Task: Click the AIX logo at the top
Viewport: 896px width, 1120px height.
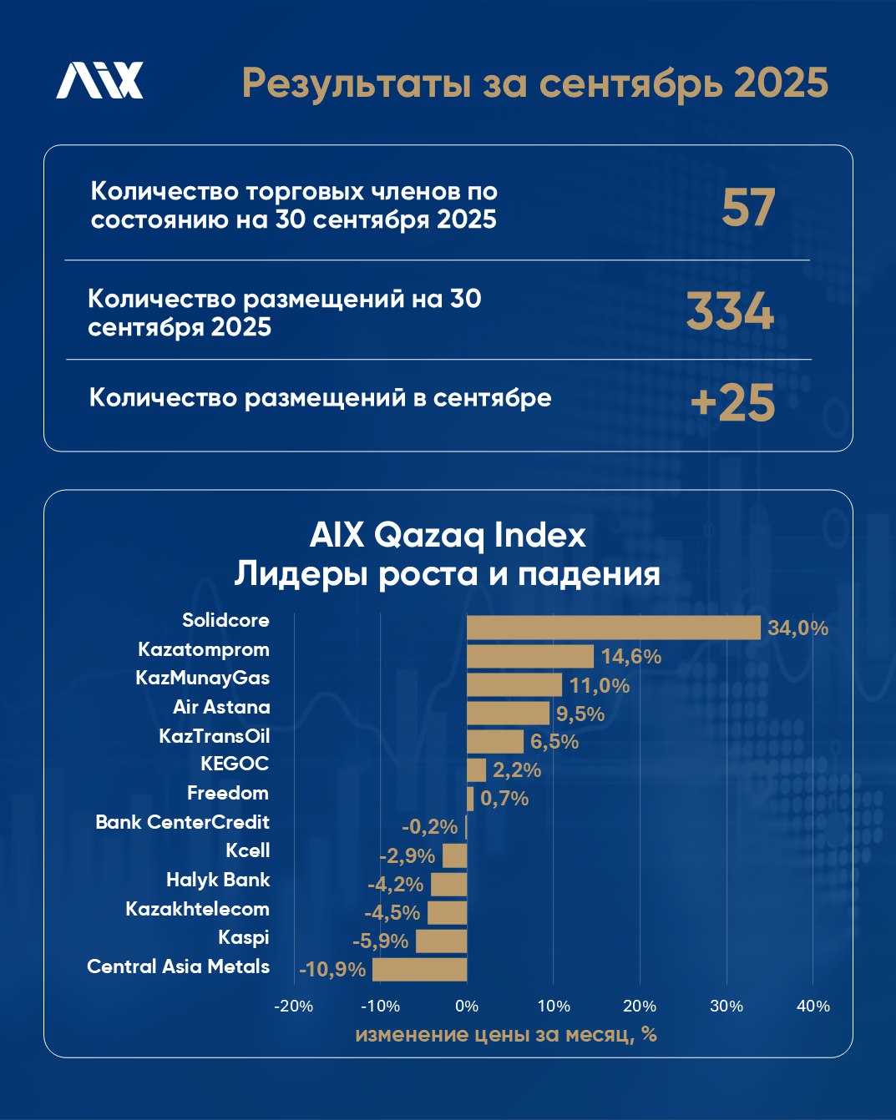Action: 99,81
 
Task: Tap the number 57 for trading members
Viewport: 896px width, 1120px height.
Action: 748,208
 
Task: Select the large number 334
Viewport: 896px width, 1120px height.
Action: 731,312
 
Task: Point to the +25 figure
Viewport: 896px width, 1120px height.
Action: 733,403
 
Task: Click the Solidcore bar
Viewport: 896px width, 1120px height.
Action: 613,628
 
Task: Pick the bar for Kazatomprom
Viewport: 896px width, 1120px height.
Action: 530,657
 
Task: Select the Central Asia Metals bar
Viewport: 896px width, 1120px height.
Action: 419,970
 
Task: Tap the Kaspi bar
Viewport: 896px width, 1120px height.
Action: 441,941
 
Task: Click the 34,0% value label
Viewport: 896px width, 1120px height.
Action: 797,628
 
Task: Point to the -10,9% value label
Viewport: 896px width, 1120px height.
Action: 332,970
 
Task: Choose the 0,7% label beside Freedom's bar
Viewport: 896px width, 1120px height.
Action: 504,799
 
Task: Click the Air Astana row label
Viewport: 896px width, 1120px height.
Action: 221,707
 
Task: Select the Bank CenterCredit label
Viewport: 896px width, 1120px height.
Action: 182,822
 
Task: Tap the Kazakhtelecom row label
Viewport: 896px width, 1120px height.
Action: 197,909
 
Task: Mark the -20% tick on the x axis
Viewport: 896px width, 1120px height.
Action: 293,1006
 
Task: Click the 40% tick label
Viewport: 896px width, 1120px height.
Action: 813,1006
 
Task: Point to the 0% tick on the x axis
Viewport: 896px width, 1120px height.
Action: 467,1006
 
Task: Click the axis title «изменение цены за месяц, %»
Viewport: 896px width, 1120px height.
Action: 506,1035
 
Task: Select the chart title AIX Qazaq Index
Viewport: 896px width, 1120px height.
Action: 448,535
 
